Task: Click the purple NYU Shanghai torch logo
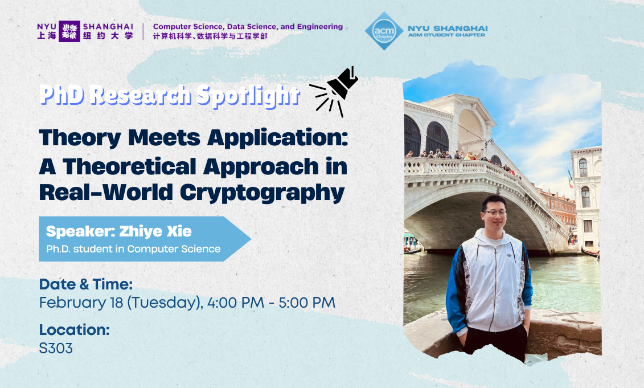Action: (x=69, y=31)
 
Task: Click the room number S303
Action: (x=56, y=348)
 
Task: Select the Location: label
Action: (x=74, y=330)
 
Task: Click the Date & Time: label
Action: (x=85, y=284)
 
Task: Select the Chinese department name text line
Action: (x=210, y=36)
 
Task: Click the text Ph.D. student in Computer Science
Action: (x=133, y=249)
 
